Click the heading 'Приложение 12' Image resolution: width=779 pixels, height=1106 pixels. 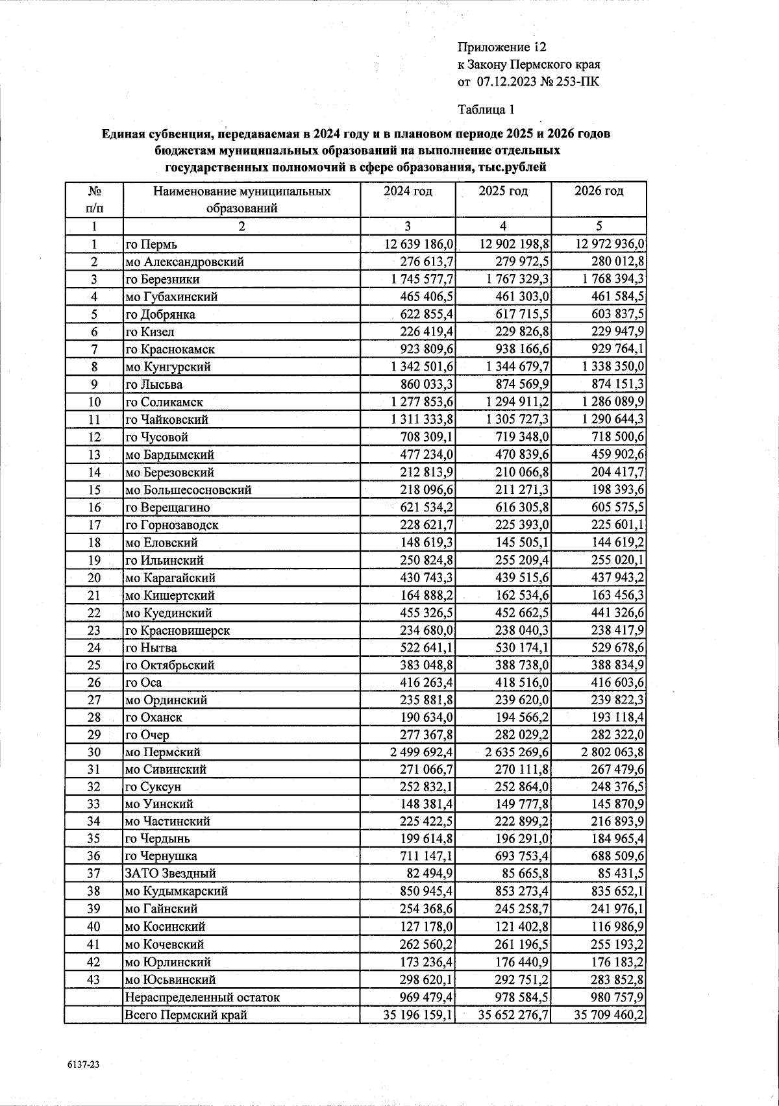(502, 47)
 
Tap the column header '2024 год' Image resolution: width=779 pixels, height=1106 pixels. (408, 191)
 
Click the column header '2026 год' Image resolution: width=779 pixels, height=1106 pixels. (599, 191)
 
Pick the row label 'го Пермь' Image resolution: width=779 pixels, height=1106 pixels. (151, 245)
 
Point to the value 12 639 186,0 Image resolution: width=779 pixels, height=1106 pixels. (415, 244)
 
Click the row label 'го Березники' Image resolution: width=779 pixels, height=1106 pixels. (162, 280)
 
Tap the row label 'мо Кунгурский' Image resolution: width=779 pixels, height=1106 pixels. (168, 367)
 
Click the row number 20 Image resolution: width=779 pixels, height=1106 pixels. (94, 578)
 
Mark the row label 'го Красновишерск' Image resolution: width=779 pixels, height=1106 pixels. (177, 630)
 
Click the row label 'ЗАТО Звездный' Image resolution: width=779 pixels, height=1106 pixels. (170, 874)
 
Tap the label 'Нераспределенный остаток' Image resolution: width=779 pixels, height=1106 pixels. (203, 997)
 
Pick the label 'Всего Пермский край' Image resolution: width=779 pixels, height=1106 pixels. (186, 1014)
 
